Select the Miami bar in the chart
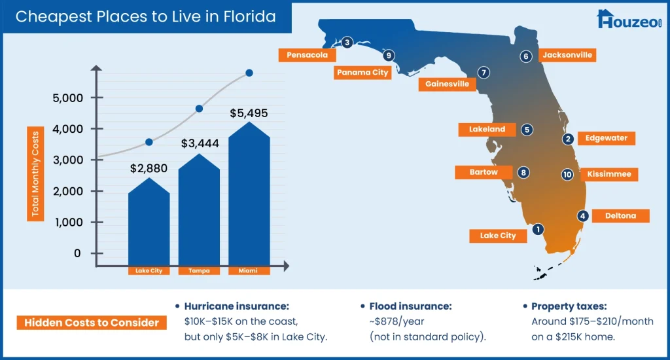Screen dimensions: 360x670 point(249,196)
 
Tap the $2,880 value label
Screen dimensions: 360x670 point(149,168)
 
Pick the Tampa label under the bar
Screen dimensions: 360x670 point(199,270)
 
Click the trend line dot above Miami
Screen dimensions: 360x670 point(249,73)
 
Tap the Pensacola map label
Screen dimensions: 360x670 point(307,55)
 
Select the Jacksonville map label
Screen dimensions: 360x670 point(567,55)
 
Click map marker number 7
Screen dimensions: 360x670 point(483,73)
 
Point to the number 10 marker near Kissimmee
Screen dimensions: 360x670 point(567,175)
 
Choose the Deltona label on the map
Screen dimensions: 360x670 point(620,216)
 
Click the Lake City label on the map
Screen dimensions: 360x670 point(498,236)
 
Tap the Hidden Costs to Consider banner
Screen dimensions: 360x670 point(91,322)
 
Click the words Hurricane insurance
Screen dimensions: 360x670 point(237,306)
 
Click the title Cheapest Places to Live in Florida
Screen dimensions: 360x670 point(145,16)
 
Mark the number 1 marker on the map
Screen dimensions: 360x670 point(538,229)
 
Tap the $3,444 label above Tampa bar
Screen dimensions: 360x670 point(199,143)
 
